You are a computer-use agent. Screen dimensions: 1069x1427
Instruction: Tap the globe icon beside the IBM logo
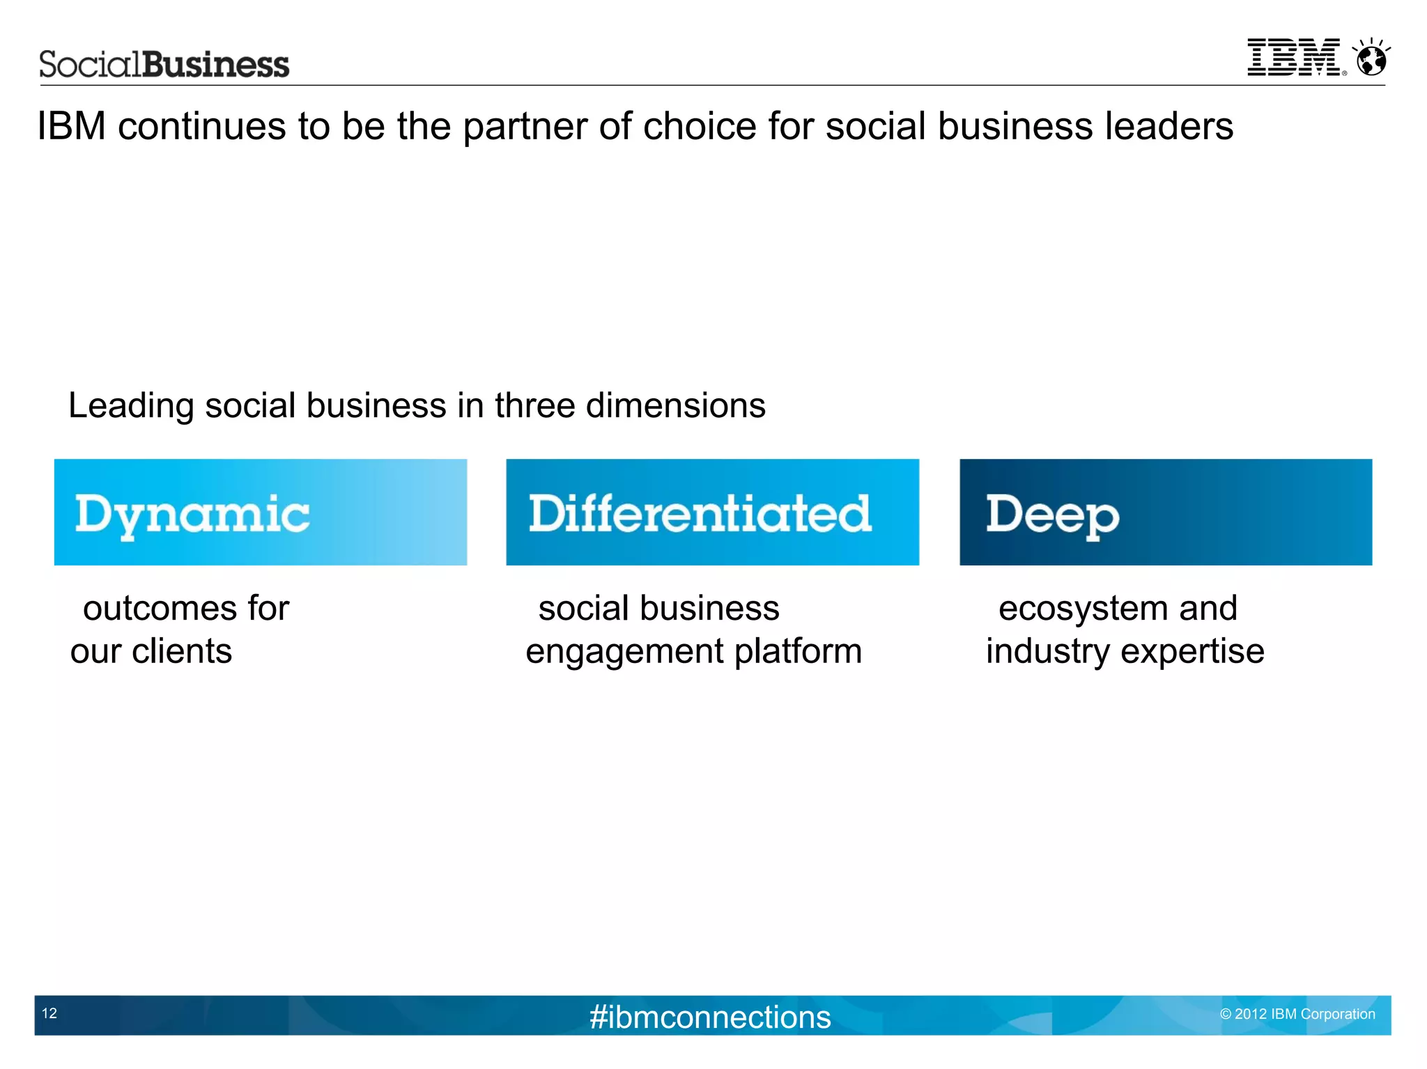[1371, 58]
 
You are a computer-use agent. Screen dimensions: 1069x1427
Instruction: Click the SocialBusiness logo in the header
[164, 64]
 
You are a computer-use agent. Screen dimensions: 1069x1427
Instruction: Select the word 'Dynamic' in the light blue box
[192, 515]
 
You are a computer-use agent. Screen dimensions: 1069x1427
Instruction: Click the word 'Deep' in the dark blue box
[1052, 516]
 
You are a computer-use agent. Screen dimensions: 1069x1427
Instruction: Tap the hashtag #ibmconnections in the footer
[710, 1017]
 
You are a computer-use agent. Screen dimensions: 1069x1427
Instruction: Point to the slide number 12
[49, 1013]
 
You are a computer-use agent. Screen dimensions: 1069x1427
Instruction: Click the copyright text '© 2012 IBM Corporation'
[1297, 1014]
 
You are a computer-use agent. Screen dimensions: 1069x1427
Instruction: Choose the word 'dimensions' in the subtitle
[675, 405]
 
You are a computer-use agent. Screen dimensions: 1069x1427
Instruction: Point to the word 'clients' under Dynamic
[182, 651]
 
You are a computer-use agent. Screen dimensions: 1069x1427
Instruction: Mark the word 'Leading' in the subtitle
[131, 407]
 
